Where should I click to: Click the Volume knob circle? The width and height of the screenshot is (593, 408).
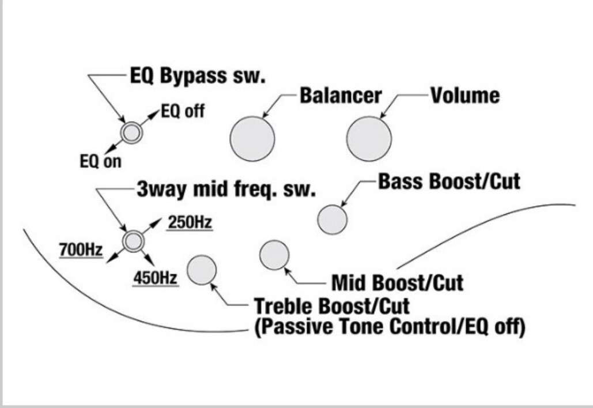tap(369, 138)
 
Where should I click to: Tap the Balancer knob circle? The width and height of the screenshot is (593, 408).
tap(252, 138)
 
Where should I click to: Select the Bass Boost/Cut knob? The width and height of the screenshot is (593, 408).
tap(333, 220)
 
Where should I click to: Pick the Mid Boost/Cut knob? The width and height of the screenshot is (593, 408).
tap(274, 255)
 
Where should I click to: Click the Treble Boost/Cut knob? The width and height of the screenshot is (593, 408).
tap(202, 270)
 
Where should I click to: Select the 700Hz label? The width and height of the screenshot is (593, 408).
tap(81, 251)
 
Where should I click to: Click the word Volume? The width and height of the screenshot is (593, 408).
tap(465, 95)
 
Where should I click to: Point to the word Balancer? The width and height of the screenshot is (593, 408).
tap(340, 95)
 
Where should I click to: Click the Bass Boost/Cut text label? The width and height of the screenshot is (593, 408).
tap(449, 182)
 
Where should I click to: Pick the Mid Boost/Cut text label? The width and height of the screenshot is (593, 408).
tap(397, 283)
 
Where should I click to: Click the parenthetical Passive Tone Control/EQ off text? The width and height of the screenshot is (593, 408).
tap(390, 327)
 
